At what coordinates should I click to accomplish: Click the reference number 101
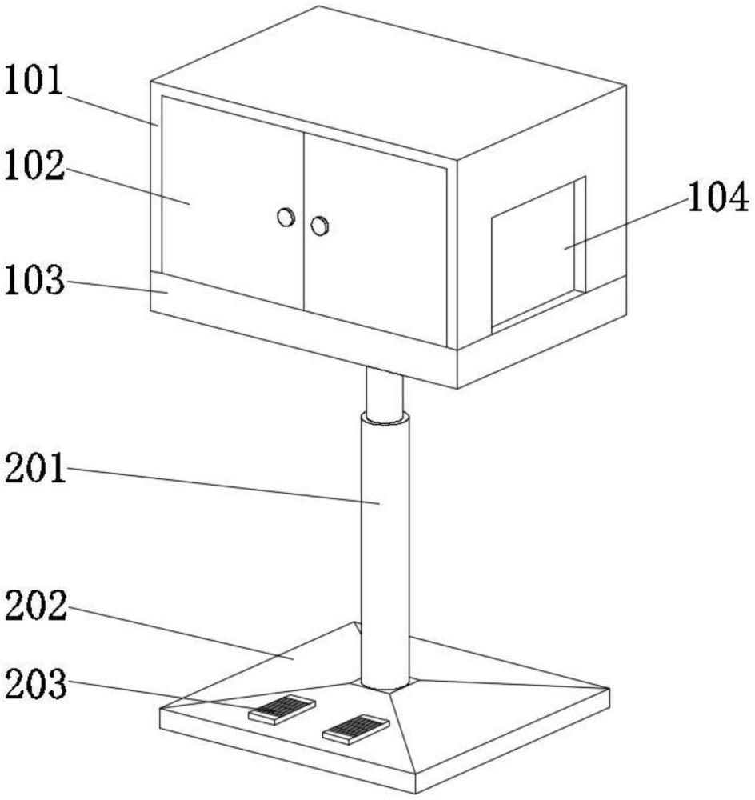[x=34, y=82]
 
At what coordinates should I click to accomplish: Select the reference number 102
[x=34, y=166]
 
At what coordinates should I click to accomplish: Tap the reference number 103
[x=34, y=282]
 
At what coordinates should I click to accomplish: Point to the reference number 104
[x=718, y=198]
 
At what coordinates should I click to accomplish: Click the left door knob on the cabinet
[x=286, y=217]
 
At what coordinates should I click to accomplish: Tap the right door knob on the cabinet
[x=320, y=226]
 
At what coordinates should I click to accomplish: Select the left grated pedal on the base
[x=281, y=708]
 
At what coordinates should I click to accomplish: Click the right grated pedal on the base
[x=355, y=729]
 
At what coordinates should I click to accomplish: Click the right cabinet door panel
[x=374, y=240]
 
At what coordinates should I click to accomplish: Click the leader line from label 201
[x=224, y=486]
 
